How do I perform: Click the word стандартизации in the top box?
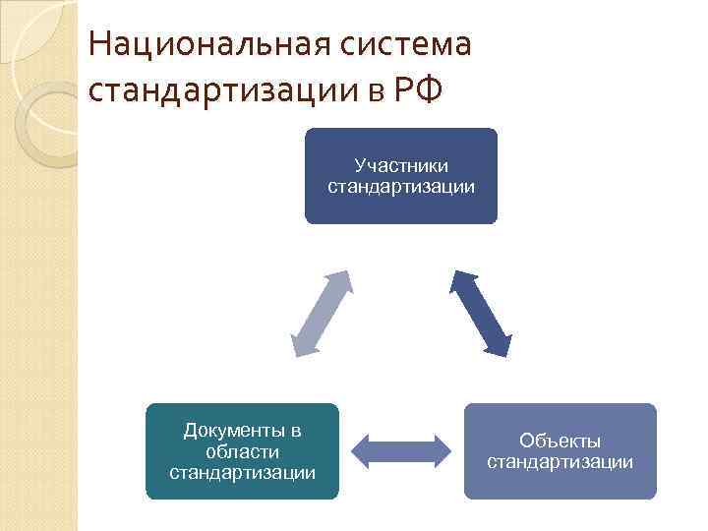(x=401, y=185)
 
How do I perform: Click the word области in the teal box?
(x=242, y=451)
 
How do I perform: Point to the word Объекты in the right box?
(x=560, y=441)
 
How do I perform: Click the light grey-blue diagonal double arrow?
(x=322, y=311)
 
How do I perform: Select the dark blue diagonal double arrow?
(x=481, y=311)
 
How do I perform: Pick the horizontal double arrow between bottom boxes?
(x=401, y=450)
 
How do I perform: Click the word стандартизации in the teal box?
(x=242, y=473)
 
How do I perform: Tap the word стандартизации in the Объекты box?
(x=560, y=461)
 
